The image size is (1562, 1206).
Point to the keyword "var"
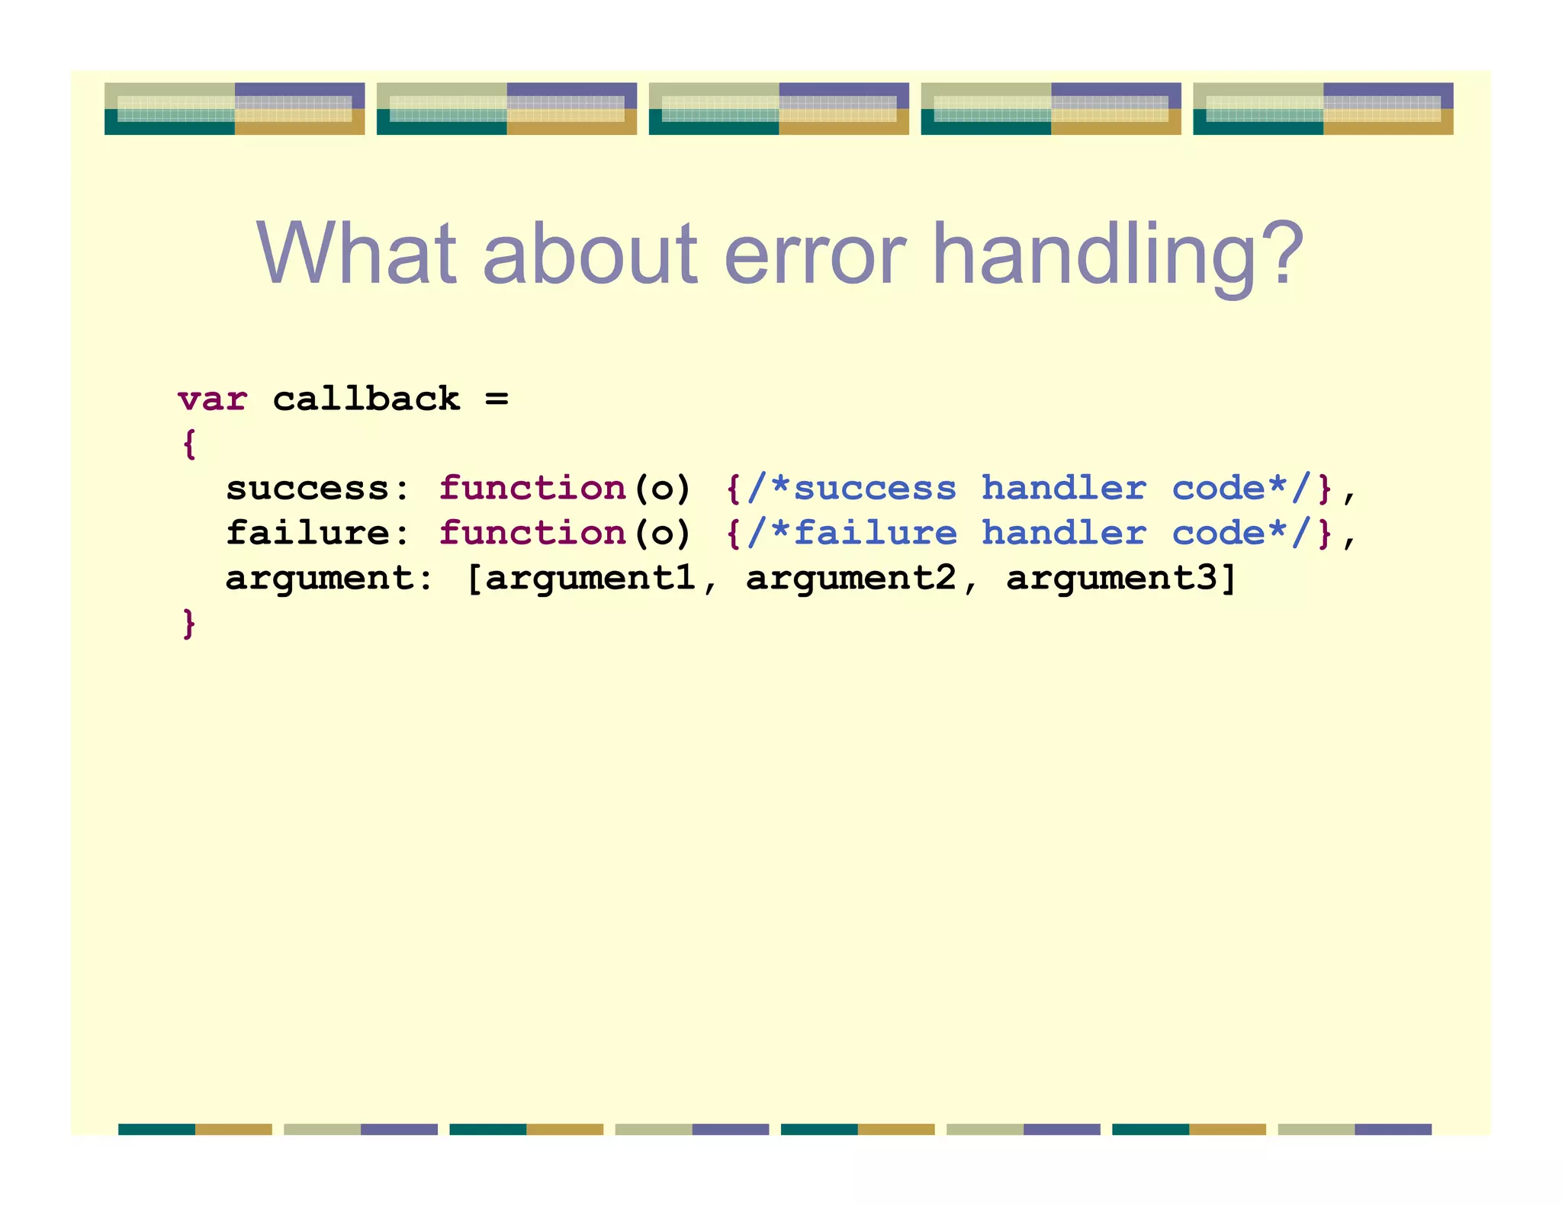tap(213, 399)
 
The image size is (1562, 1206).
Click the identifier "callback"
tap(366, 399)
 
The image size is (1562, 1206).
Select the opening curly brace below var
tap(189, 444)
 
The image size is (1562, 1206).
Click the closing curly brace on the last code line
tap(189, 623)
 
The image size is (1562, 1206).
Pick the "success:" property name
tap(318, 489)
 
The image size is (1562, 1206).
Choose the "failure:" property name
tap(318, 533)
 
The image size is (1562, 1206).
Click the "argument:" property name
tap(329, 578)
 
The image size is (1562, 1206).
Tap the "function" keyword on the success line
tap(532, 489)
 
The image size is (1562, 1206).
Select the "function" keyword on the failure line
tap(532, 533)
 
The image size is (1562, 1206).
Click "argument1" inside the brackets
tap(590, 578)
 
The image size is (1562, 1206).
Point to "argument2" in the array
tap(850, 578)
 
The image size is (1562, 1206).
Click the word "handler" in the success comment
tap(1063, 489)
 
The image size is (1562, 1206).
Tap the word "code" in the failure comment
tap(1218, 533)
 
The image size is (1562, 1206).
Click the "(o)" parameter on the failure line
tap(662, 533)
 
